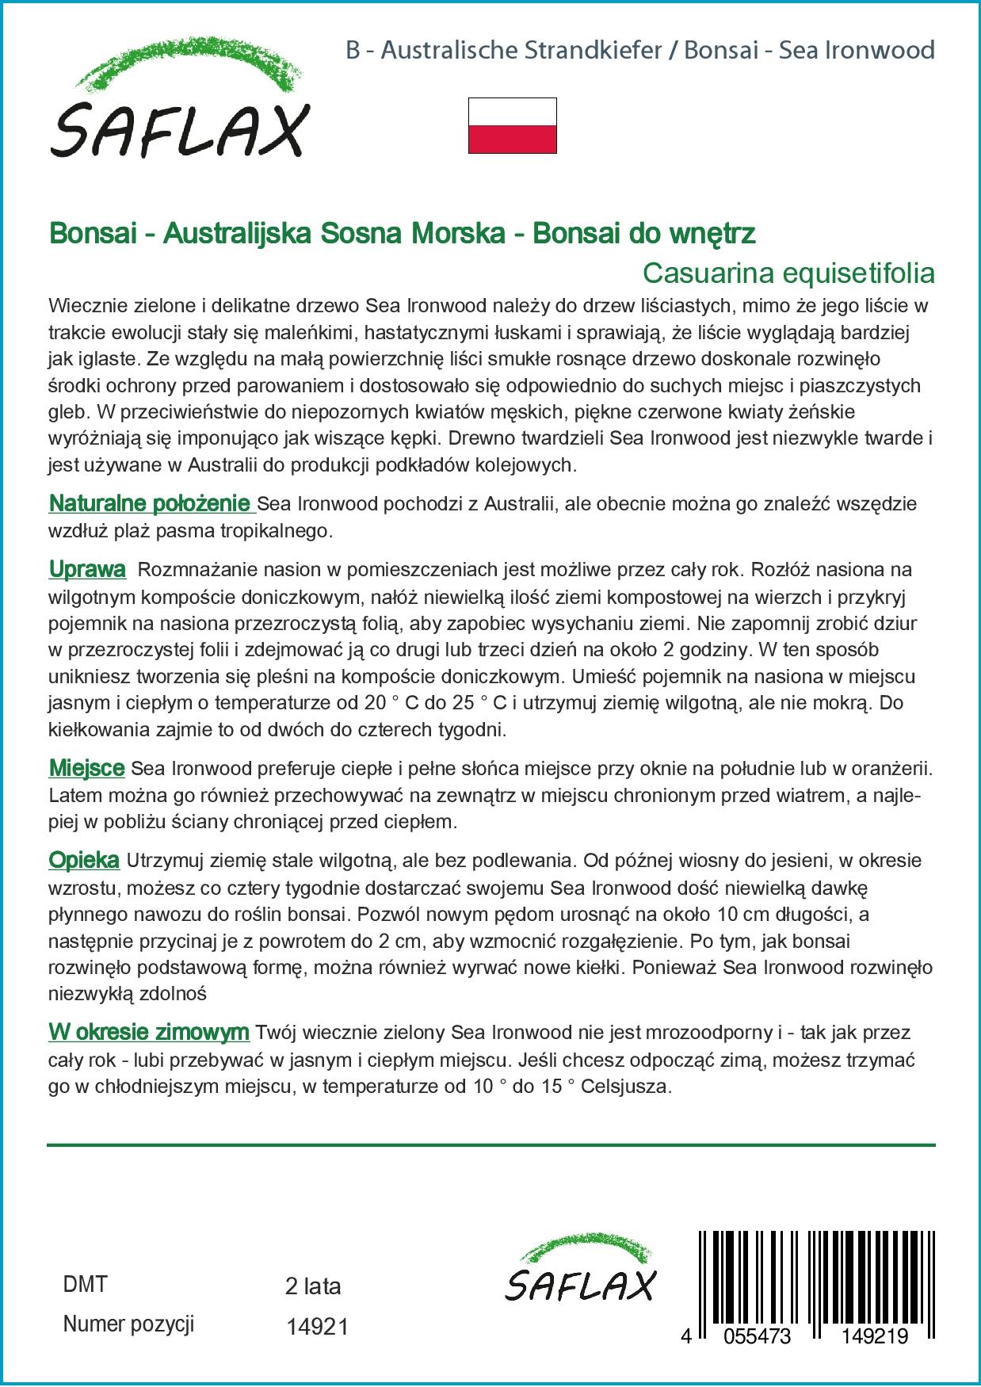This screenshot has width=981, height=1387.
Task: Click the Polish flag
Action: point(512,125)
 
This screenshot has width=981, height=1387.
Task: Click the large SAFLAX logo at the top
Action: point(179,98)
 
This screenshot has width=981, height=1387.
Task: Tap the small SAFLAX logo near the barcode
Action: point(581,1268)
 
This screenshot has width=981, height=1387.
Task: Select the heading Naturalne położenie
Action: point(150,503)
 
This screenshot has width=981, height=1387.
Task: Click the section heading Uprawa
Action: point(87,569)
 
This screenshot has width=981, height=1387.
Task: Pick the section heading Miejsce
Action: point(86,768)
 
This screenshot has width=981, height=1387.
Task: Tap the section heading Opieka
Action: point(84,860)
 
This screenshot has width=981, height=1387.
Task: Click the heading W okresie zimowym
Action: point(149,1033)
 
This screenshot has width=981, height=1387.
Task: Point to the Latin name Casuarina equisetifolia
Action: point(788,273)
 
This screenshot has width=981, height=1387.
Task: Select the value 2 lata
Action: point(312,1286)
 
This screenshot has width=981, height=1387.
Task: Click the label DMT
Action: point(84,1285)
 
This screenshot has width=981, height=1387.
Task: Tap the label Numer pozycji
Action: point(128,1324)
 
